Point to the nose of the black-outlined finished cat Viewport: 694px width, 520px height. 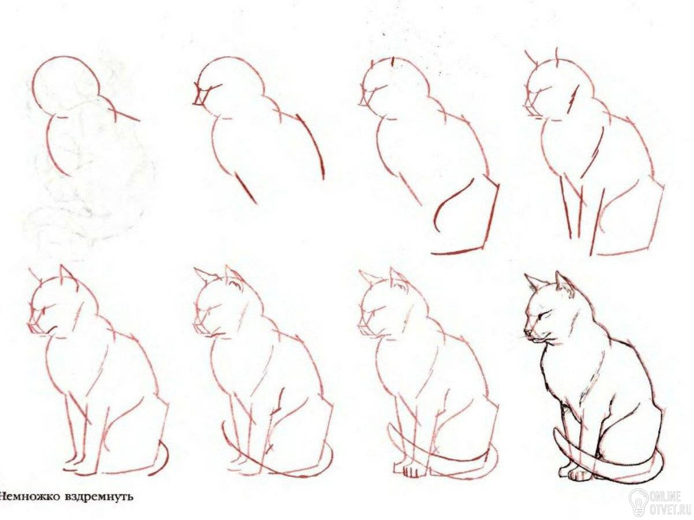tap(526, 332)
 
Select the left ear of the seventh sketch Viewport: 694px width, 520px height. tap(368, 277)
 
